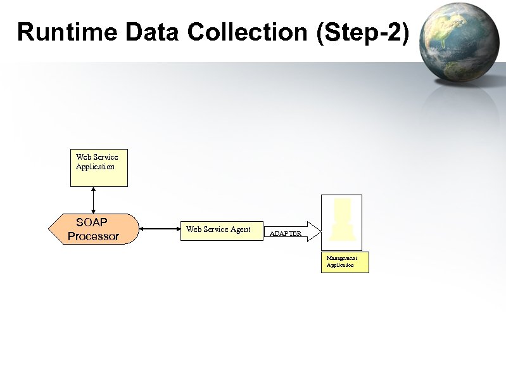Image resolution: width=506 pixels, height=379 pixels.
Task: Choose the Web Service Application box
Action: pyautogui.click(x=98, y=168)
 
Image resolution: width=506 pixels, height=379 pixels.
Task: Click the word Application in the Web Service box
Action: pyautogui.click(x=95, y=167)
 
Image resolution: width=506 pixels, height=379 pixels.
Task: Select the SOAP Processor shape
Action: pyautogui.click(x=93, y=229)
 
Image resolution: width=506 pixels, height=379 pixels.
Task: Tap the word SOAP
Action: pyautogui.click(x=92, y=222)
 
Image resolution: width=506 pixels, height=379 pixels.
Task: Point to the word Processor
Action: pyautogui.click(x=93, y=236)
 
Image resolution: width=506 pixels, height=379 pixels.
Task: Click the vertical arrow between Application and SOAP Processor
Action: pyautogui.click(x=93, y=200)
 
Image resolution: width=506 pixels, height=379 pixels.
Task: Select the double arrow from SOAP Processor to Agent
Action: pyautogui.click(x=159, y=229)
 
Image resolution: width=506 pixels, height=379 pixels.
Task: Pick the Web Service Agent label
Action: pyautogui.click(x=218, y=229)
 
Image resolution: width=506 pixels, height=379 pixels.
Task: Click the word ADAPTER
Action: pyautogui.click(x=286, y=234)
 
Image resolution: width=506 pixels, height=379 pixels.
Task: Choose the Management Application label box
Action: pyautogui.click(x=345, y=262)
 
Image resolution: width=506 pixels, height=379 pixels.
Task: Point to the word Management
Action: pyautogui.click(x=341, y=258)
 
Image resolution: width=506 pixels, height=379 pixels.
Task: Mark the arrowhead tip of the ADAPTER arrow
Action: pyautogui.click(x=321, y=232)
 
